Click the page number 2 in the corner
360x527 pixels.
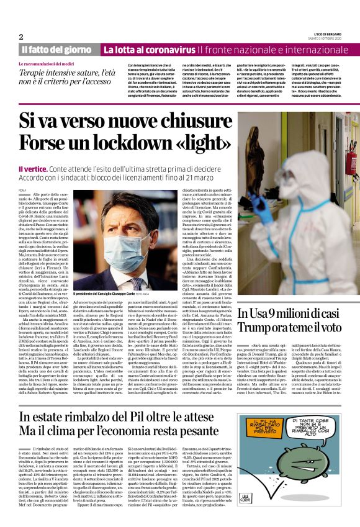point(21,37)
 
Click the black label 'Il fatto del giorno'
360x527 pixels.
point(56,49)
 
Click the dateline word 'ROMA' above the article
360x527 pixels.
point(23,189)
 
